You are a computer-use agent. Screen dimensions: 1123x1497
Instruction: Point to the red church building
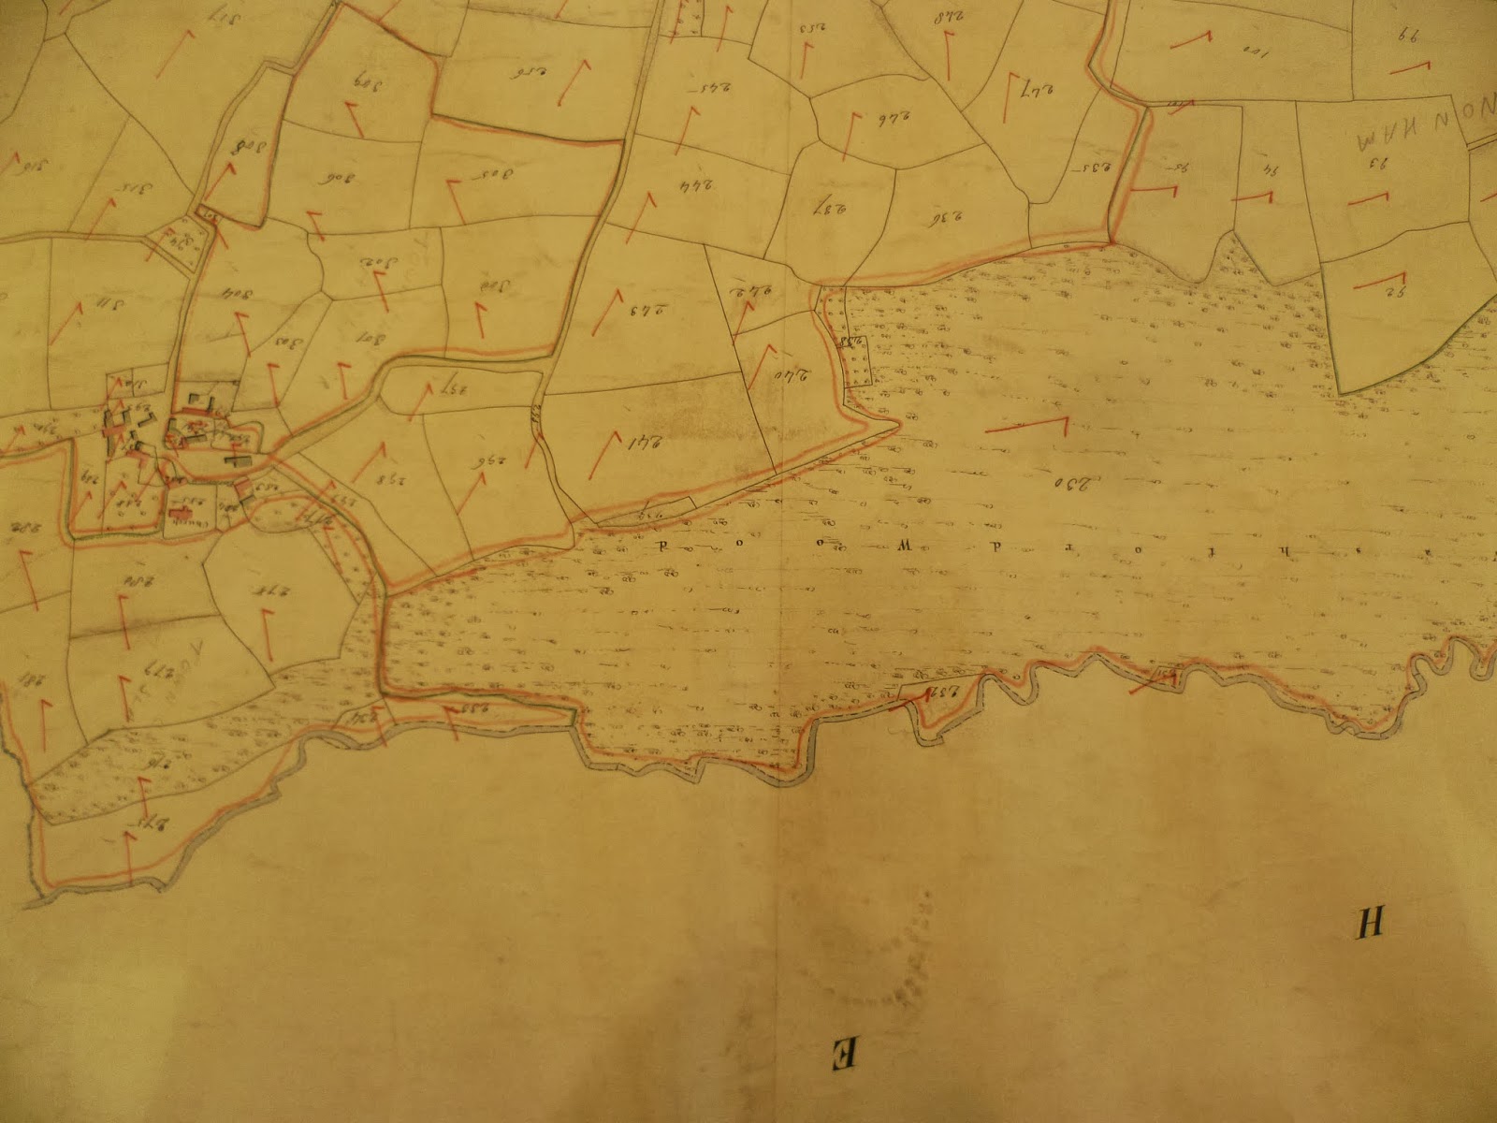[x=178, y=511]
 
